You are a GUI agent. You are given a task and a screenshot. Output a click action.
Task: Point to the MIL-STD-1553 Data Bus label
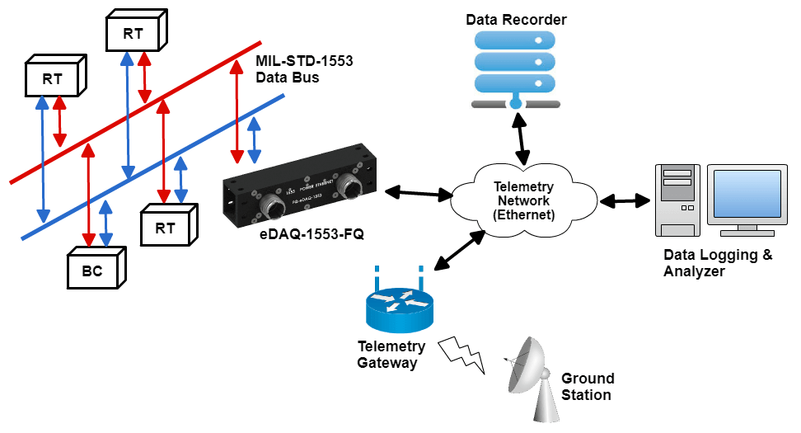288,70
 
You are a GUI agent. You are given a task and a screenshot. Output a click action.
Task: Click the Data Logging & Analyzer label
718,262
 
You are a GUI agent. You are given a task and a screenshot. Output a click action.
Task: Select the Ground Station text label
588,387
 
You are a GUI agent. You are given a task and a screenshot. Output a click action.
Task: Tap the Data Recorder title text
516,19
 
